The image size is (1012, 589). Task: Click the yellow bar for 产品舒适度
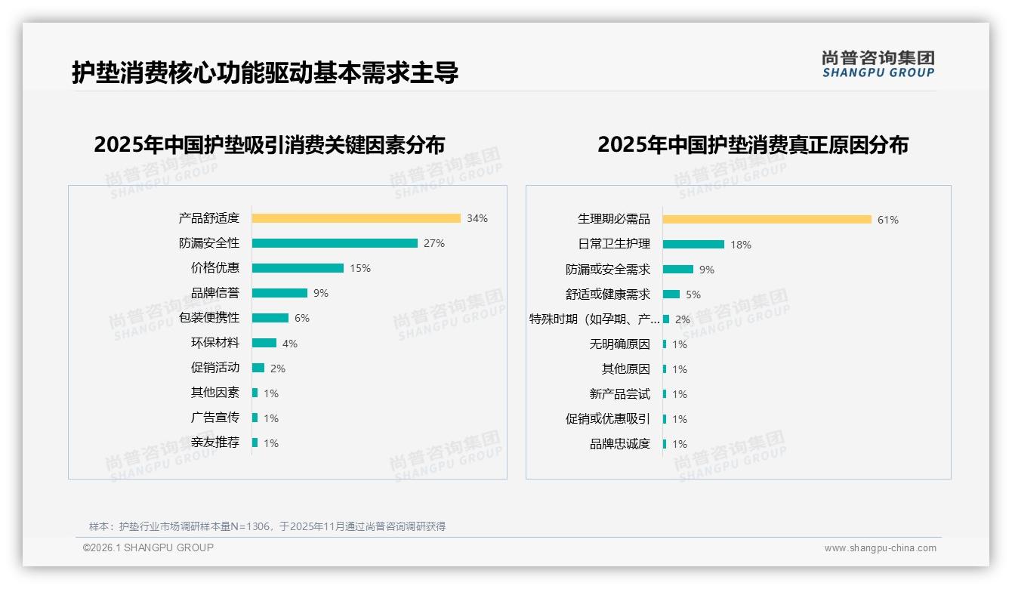(x=356, y=218)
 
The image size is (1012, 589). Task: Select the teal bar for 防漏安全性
(x=335, y=243)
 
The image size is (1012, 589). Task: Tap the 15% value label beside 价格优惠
(x=360, y=268)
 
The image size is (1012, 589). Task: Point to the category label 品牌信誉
(x=215, y=293)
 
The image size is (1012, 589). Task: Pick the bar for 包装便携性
(x=270, y=318)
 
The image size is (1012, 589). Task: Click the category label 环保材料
(x=215, y=343)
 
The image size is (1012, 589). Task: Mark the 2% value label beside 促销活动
(x=278, y=369)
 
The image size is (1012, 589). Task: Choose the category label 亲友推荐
(x=215, y=443)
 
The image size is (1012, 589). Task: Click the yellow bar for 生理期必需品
(x=767, y=220)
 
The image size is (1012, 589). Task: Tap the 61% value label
(x=888, y=220)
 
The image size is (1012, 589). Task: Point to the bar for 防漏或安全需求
(x=678, y=270)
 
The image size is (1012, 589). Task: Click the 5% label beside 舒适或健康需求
(x=693, y=294)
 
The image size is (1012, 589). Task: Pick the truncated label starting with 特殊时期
(x=594, y=319)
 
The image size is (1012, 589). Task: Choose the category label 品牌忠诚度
(x=620, y=444)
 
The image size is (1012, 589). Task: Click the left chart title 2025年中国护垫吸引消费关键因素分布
(x=270, y=144)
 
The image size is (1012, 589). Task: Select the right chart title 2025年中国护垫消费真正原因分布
(x=753, y=144)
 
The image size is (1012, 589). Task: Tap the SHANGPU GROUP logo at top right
(x=878, y=64)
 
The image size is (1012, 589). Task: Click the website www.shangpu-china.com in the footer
(x=880, y=548)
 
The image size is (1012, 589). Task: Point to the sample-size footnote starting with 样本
(x=267, y=526)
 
